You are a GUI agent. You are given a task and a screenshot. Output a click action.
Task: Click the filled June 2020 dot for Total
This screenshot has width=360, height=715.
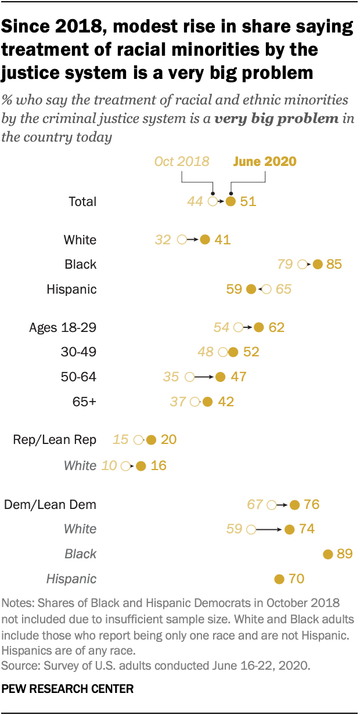pos(231,202)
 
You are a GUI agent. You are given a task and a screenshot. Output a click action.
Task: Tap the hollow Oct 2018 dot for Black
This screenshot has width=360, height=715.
pos(302,265)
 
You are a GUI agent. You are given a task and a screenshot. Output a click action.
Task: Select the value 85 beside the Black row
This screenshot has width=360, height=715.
pos(334,265)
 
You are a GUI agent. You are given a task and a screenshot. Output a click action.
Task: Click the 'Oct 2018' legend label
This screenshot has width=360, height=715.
pos(182,161)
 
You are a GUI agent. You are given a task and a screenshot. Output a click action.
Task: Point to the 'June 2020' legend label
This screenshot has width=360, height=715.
pos(264,161)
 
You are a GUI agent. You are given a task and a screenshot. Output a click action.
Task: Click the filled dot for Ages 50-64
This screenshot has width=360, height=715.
pos(219,377)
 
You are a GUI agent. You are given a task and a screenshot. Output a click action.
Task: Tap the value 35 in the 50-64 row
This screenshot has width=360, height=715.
pos(171,377)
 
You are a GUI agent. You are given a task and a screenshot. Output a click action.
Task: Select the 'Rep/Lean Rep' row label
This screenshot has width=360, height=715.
pos(55,440)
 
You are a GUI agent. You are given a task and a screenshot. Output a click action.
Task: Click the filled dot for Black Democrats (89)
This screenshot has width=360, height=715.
pos(327,554)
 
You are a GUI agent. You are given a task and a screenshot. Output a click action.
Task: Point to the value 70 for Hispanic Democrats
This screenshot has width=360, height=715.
pos(296,579)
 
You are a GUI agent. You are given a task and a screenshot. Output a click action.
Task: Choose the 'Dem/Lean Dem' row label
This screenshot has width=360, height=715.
pos(50,505)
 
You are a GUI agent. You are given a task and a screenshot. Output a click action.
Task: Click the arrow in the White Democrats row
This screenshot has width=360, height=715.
pos(270,529)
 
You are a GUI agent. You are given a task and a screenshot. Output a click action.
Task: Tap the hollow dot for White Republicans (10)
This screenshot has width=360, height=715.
pos(125,465)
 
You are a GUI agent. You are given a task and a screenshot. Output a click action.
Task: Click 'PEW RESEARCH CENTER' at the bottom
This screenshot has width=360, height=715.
pos(68,689)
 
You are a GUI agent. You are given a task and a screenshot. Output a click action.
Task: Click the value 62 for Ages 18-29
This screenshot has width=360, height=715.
pos(276,328)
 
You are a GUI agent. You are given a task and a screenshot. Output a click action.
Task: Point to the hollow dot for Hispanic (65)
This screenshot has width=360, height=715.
pos(266,289)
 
